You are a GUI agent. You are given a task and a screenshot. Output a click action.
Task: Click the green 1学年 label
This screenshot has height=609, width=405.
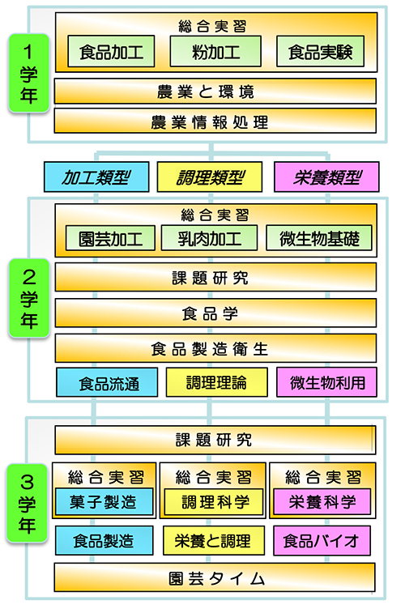coord(28,73)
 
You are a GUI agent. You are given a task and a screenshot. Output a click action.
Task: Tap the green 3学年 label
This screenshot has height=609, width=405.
coord(27,503)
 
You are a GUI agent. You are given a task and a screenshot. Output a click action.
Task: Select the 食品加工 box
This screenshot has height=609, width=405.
coord(111,51)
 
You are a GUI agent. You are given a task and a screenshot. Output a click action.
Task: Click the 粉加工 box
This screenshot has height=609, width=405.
coord(215,51)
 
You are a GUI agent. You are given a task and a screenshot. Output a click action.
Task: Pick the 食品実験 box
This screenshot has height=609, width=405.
coord(320,51)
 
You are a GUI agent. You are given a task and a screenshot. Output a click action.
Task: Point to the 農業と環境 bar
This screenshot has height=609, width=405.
coord(215,92)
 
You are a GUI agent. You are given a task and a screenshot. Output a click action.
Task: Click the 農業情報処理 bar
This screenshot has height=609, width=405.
coord(215,121)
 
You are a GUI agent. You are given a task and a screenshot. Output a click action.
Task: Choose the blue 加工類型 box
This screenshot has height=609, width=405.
coord(96,177)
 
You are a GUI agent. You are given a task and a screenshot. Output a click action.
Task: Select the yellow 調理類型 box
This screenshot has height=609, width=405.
coord(210,177)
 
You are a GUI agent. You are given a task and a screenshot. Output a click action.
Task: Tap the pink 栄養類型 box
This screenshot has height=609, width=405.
coord(326,177)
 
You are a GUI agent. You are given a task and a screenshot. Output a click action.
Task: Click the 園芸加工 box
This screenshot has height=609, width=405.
coord(110,238)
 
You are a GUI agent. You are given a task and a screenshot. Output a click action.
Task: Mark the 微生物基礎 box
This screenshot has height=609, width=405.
coord(319,238)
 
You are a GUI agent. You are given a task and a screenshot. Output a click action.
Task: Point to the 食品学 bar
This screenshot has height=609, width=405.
coord(215,313)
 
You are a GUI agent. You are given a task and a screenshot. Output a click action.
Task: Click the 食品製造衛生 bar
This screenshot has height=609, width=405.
coord(215,348)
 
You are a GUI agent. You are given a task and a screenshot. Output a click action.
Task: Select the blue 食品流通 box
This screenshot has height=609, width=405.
coord(107,382)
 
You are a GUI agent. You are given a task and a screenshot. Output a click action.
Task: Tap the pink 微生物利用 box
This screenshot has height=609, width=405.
coord(326,382)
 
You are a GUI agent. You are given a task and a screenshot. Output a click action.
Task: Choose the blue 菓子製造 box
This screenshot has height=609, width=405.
coord(104,502)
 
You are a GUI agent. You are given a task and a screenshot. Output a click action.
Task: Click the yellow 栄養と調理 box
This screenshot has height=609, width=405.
coord(214,541)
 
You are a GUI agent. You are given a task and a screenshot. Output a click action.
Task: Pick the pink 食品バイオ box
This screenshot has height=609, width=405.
coord(322,541)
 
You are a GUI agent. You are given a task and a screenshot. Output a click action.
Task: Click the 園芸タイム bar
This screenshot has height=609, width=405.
coord(215,577)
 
